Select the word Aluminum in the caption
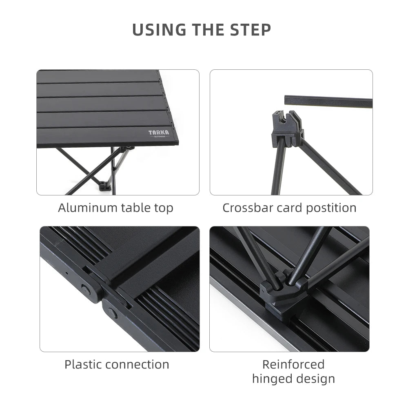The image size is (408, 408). pos(88,208)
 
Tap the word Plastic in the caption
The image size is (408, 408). pos(83,364)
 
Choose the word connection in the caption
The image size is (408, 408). pos(137,364)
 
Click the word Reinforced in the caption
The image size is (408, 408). pos(293,364)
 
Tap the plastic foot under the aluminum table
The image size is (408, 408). pos(105,186)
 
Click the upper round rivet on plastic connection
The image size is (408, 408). pos(86,289)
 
